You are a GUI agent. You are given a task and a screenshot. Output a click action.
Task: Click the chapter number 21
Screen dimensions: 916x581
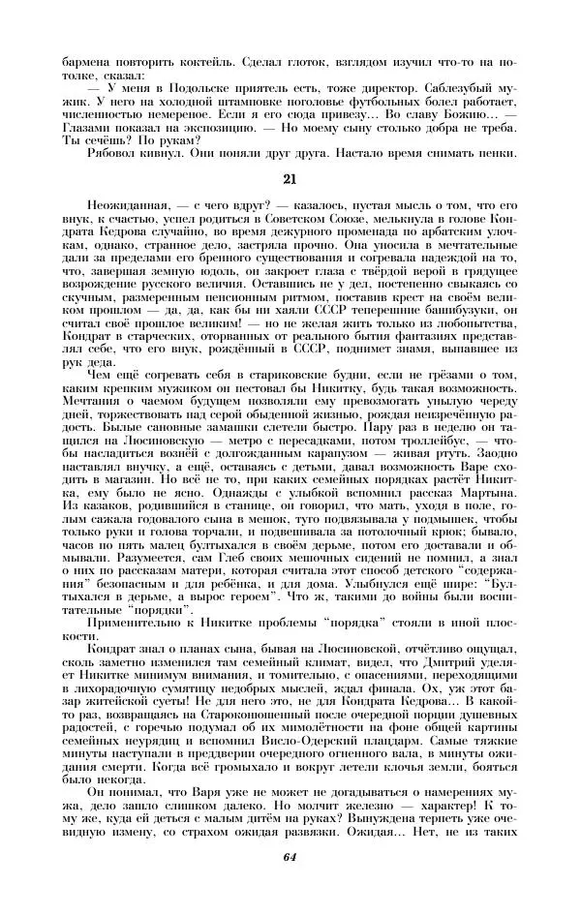[290, 178]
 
